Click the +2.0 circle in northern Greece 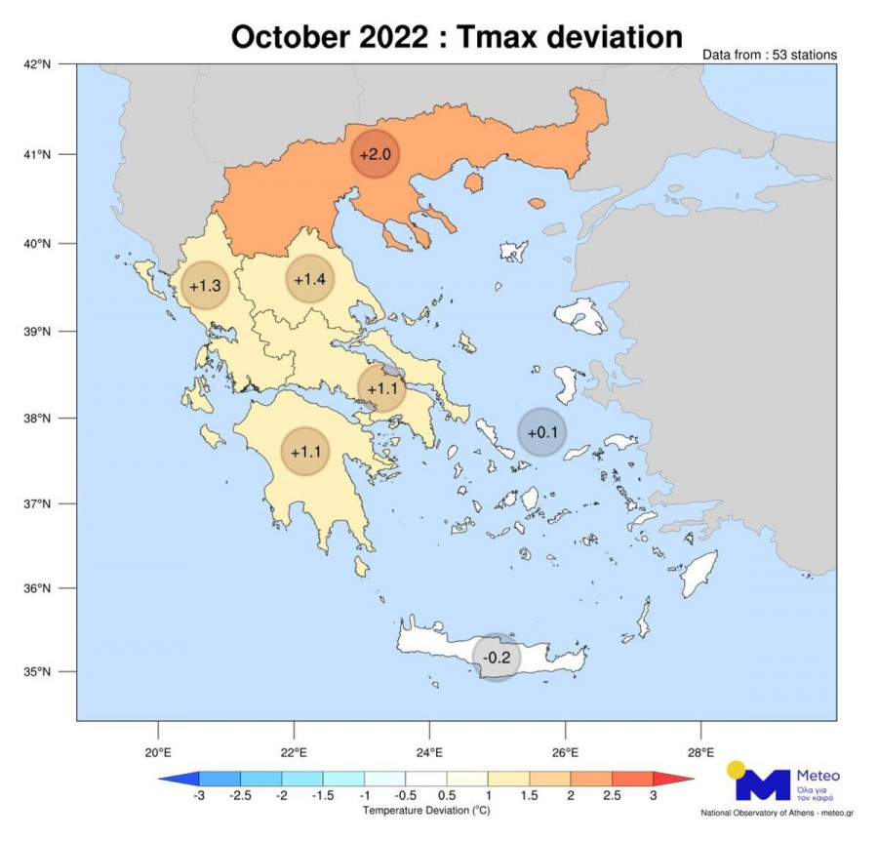pyautogui.click(x=376, y=154)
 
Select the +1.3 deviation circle pyautogui.click(x=206, y=286)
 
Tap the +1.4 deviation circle pyautogui.click(x=309, y=280)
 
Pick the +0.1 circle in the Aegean pyautogui.click(x=541, y=432)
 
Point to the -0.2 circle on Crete pyautogui.click(x=497, y=658)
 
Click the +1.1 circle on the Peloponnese pyautogui.click(x=305, y=451)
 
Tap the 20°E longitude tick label pyautogui.click(x=158, y=752)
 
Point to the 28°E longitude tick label pyautogui.click(x=701, y=752)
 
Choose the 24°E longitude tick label pyautogui.click(x=429, y=752)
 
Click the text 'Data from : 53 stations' pyautogui.click(x=769, y=56)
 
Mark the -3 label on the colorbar pyautogui.click(x=199, y=796)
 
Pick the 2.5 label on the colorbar pyautogui.click(x=612, y=796)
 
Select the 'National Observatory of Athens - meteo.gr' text pyautogui.click(x=771, y=813)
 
